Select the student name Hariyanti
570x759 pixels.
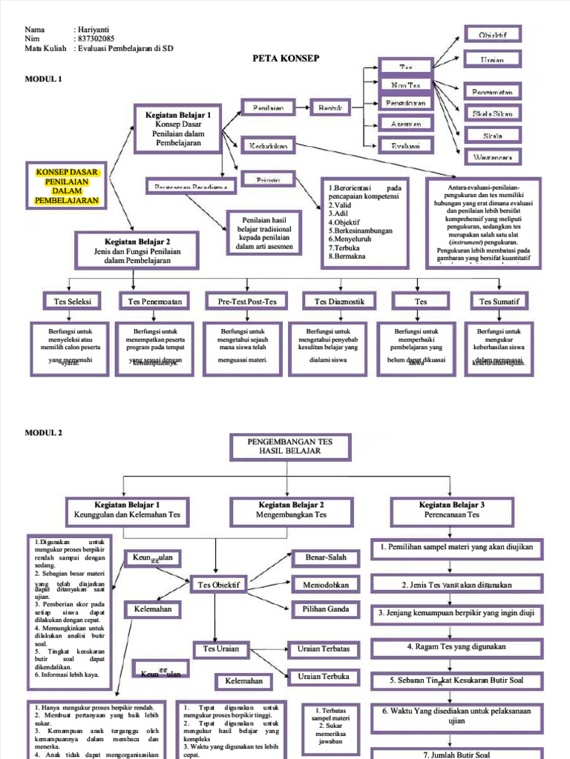96,30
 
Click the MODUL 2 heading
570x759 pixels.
44,432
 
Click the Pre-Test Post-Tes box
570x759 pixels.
247,301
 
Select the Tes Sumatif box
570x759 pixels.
499,301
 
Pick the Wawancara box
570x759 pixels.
492,157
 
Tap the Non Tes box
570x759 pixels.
405,85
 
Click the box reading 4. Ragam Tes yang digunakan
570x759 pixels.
456,646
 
